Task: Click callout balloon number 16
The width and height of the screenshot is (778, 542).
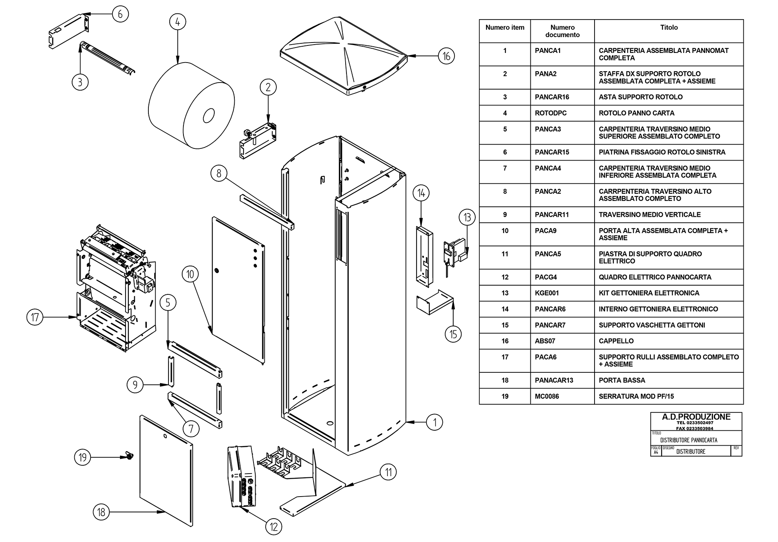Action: (x=446, y=56)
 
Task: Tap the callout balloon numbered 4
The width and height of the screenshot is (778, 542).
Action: (x=178, y=22)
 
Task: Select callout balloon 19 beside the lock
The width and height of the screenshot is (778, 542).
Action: (x=83, y=457)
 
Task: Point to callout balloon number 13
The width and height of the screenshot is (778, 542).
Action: (x=467, y=217)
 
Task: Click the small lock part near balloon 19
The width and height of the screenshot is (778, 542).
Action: (x=129, y=457)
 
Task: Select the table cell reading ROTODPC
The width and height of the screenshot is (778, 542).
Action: (x=551, y=113)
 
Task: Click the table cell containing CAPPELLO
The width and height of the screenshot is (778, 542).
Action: (x=616, y=341)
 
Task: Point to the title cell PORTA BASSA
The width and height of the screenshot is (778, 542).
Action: (x=622, y=380)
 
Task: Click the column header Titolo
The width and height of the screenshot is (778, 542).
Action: (x=669, y=28)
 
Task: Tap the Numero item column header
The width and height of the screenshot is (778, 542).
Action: (x=505, y=28)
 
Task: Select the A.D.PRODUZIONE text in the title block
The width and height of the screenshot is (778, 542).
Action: (x=696, y=417)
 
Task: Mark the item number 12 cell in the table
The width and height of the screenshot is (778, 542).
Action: (x=505, y=277)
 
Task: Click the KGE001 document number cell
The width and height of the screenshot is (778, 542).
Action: (x=547, y=293)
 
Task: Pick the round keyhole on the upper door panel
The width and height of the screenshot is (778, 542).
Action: (x=216, y=271)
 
